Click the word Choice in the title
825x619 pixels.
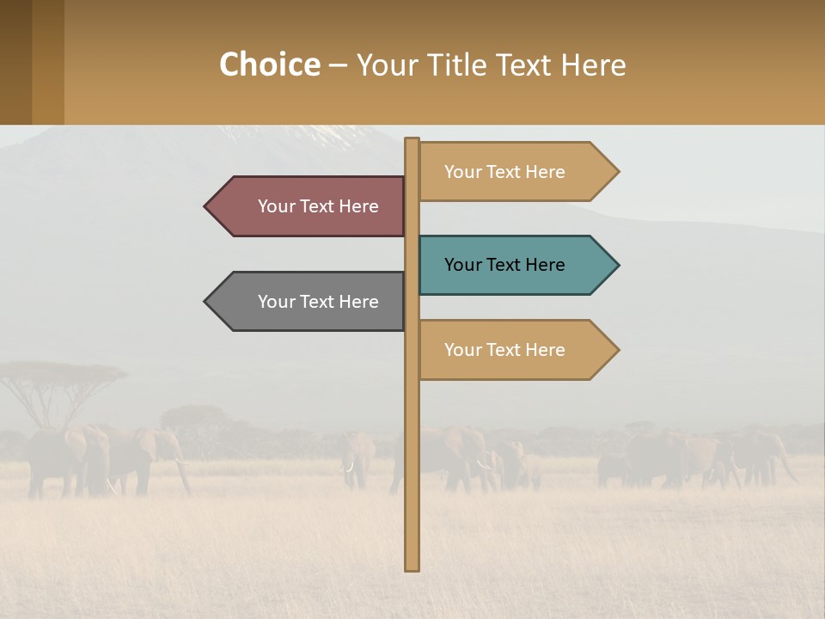coord(269,64)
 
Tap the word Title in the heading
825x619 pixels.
coord(462,64)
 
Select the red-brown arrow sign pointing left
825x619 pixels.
coord(309,206)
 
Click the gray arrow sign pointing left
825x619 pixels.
coord(309,302)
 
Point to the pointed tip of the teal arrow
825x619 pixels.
coord(617,265)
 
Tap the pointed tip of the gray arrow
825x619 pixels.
coord(206,302)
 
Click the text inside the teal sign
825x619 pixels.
coord(504,265)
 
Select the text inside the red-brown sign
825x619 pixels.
coord(318,206)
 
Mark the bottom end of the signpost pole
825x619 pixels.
coord(412,567)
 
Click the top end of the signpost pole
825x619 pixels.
coord(412,140)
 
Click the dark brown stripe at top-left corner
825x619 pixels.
coord(15,62)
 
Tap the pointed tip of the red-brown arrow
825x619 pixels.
coord(206,206)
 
